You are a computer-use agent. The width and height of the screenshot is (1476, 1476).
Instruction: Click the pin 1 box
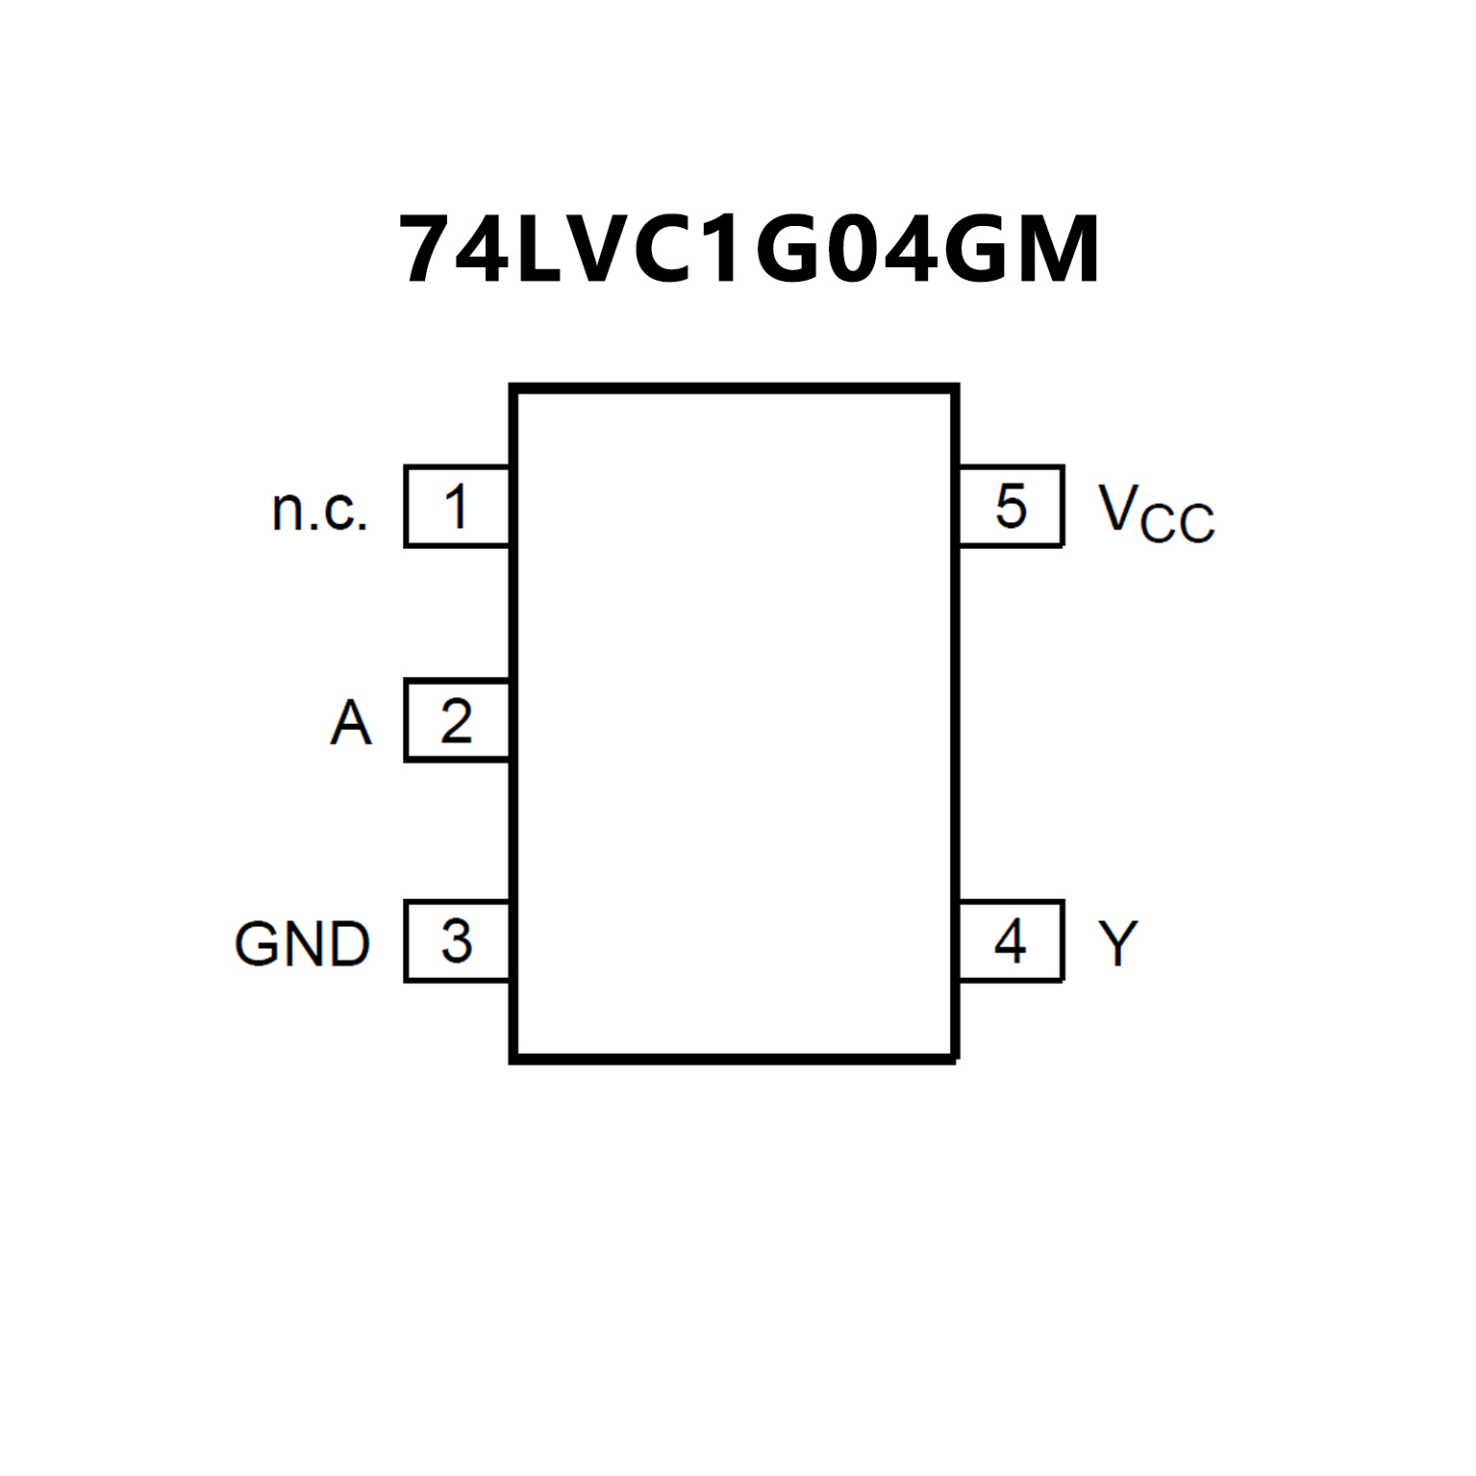(457, 506)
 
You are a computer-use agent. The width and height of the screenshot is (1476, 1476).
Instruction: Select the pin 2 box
(457, 720)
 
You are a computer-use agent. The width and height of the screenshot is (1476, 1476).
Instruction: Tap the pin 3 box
(457, 941)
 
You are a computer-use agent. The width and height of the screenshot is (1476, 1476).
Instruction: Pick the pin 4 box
(1011, 941)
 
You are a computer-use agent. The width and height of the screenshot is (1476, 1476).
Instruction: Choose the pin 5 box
(1011, 506)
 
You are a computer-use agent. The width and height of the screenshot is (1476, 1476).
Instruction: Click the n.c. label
(320, 510)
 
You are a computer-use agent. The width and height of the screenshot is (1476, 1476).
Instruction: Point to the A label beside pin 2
(350, 723)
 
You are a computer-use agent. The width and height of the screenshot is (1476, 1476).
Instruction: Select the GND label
(302, 943)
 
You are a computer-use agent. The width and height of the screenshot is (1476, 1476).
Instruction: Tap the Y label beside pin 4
(1117, 943)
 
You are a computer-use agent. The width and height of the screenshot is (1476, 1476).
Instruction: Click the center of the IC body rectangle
(735, 723)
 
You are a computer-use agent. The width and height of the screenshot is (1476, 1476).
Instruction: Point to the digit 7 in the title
(430, 250)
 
